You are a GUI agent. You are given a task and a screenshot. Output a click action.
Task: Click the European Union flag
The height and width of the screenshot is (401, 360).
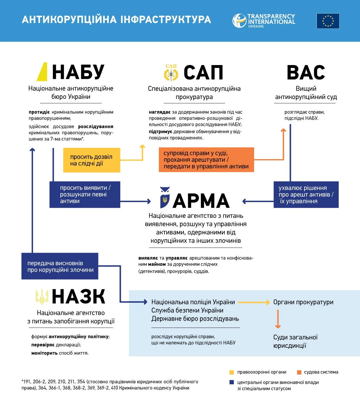[x=328, y=21]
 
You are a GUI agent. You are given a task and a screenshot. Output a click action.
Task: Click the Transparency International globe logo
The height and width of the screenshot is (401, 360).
[x=239, y=21]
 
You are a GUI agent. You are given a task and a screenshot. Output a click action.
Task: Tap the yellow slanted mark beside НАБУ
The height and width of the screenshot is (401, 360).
[x=42, y=72]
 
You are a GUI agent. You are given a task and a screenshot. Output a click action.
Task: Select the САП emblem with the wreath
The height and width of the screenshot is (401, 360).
[x=171, y=73]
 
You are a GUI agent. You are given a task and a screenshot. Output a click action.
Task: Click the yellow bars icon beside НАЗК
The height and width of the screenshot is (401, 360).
[x=42, y=297]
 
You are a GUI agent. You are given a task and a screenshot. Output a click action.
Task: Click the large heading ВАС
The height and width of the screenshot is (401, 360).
[x=306, y=73]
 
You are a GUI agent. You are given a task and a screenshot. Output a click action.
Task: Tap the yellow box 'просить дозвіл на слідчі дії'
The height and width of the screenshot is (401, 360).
[x=92, y=160]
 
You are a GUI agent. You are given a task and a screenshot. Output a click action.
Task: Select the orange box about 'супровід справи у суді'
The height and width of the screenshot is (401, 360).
[x=206, y=160]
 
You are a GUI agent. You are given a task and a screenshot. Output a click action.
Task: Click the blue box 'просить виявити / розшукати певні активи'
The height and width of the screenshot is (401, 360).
[x=85, y=195]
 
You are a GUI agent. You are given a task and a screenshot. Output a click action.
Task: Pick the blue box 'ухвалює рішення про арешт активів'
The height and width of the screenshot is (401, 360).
[x=306, y=195]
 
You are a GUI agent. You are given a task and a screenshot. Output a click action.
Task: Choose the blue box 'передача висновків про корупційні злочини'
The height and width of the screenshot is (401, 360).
[x=60, y=266]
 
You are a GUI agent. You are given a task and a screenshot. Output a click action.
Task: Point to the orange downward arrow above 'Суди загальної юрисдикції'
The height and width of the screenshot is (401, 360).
[x=278, y=319]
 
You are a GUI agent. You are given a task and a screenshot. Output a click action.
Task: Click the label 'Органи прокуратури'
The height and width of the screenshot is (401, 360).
[x=303, y=302]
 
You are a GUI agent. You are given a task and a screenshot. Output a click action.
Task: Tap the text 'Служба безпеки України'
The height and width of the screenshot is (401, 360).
[x=187, y=310]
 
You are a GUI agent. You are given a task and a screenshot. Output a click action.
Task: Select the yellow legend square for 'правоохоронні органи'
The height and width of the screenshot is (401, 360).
[x=232, y=372]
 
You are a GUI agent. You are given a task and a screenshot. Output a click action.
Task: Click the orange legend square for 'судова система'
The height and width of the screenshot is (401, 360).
[x=299, y=372]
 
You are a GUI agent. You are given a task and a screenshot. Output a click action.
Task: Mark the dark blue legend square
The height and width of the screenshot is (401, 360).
[x=232, y=382]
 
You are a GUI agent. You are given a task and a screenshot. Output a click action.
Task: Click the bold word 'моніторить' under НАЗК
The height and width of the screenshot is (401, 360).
[x=44, y=353]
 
